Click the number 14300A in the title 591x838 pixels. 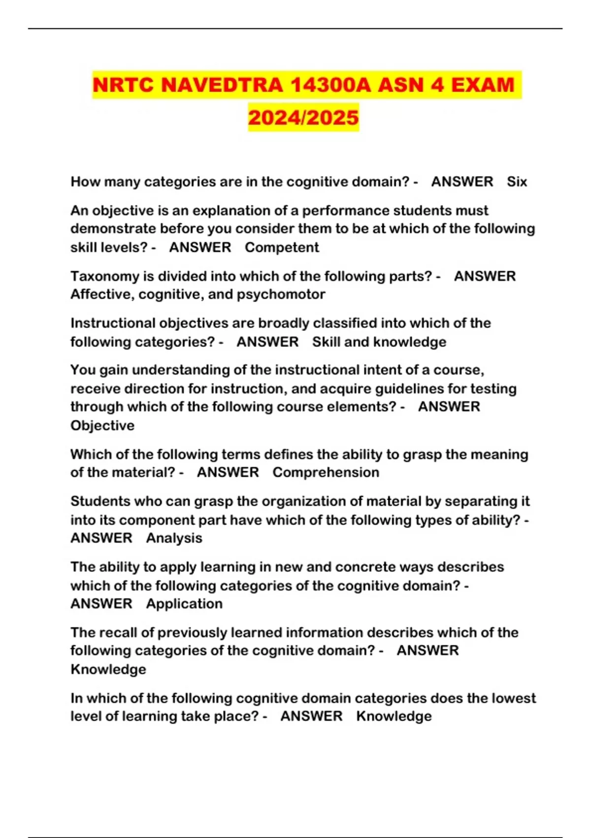click(x=331, y=85)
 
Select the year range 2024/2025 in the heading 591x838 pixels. click(x=303, y=117)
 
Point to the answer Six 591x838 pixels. click(x=517, y=182)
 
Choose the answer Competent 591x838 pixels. click(x=282, y=247)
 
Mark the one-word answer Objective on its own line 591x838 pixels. click(x=102, y=425)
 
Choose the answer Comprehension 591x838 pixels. click(x=326, y=472)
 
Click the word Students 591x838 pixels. click(x=98, y=501)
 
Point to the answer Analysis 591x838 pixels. click(x=174, y=538)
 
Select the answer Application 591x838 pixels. click(x=184, y=603)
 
